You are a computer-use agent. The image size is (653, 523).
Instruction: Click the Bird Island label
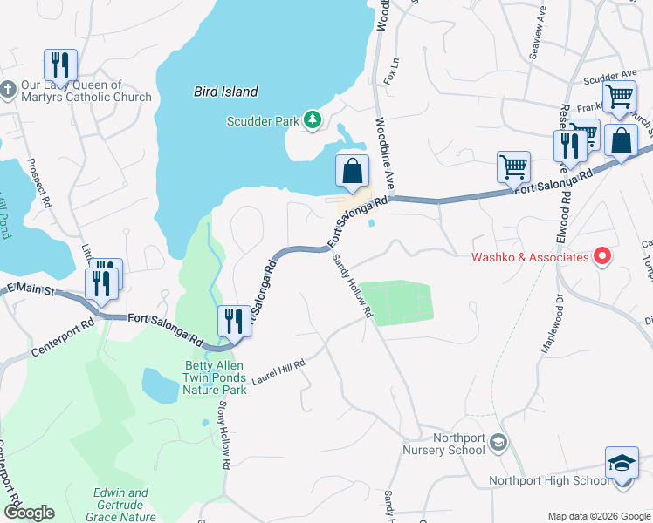(x=225, y=92)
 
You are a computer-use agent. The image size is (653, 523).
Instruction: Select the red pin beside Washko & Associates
(x=601, y=256)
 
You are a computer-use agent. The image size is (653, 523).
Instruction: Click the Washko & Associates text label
(x=530, y=257)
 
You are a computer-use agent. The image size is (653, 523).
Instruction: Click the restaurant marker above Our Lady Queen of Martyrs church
(x=60, y=65)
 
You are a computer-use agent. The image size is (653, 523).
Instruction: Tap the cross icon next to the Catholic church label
(x=8, y=90)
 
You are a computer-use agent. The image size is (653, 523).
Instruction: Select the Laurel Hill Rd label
(x=278, y=372)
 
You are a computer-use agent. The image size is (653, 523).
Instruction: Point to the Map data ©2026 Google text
(x=597, y=515)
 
